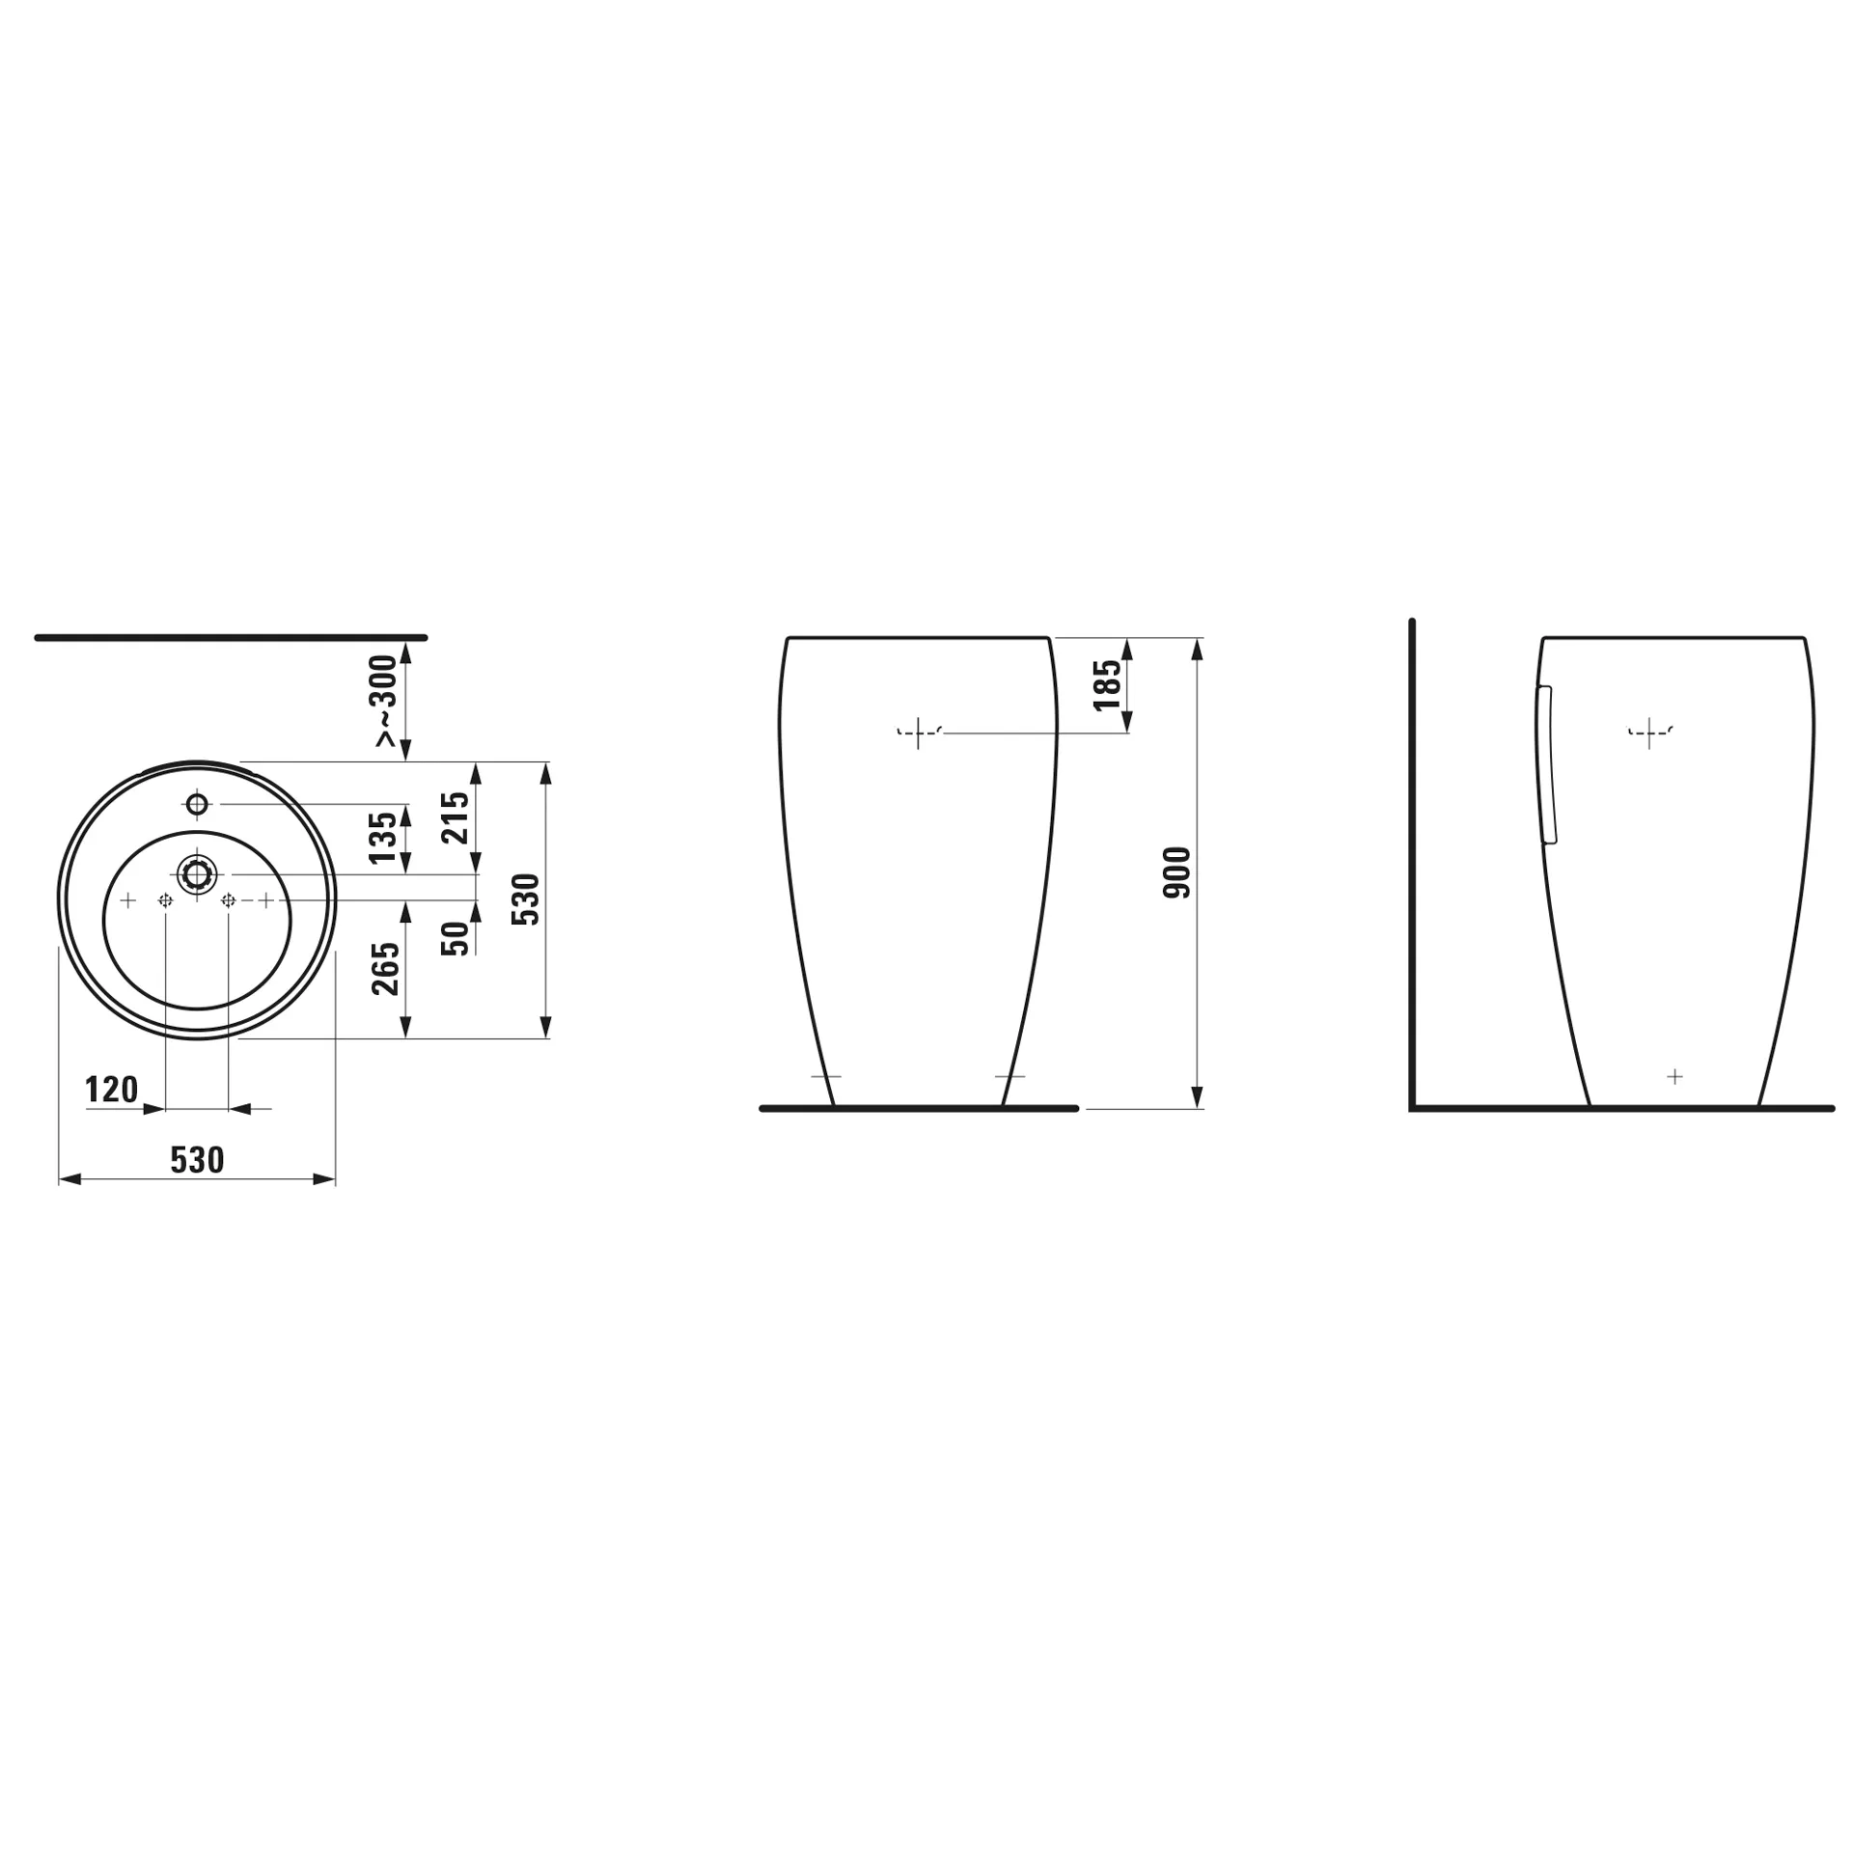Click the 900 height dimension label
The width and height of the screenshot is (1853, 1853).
(x=1177, y=872)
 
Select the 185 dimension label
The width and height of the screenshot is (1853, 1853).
(x=1108, y=684)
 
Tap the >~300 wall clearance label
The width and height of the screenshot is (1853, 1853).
(x=385, y=700)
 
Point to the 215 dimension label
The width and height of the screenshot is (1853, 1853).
(x=456, y=816)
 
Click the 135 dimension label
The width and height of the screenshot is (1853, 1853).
(x=383, y=837)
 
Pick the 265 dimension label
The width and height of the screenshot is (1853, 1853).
(x=385, y=968)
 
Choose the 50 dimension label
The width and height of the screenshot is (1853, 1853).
(x=456, y=938)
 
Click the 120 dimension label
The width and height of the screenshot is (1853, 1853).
(x=112, y=1090)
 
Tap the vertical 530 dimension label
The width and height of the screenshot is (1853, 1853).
(x=526, y=899)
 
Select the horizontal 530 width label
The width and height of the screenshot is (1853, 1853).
(x=198, y=1159)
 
